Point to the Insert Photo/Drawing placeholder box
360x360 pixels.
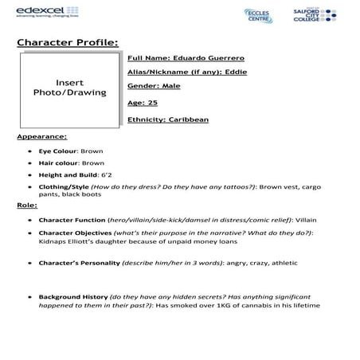point(69,88)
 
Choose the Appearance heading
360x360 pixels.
point(42,136)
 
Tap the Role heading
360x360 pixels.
point(25,205)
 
